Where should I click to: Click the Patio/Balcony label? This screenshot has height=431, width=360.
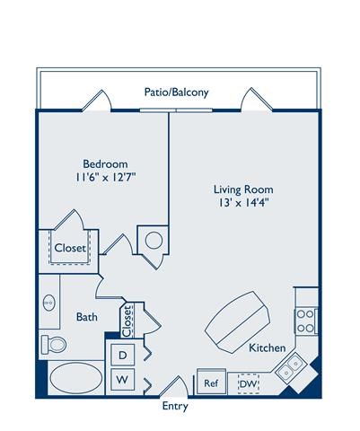tap(176, 92)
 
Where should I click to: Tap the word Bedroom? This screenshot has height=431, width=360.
tap(105, 163)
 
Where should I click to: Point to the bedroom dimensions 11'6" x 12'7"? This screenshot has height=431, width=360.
tap(105, 178)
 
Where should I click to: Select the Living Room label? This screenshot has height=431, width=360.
tap(242, 189)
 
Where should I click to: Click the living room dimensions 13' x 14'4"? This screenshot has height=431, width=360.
tap(242, 204)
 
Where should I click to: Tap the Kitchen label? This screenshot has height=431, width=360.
tap(268, 347)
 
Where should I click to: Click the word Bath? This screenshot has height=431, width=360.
tap(87, 317)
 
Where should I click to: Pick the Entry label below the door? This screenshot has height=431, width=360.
tap(174, 406)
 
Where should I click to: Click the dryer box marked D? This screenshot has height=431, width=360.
tap(121, 355)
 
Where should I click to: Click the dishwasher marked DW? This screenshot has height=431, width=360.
tap(248, 383)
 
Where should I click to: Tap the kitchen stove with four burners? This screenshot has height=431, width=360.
tap(306, 321)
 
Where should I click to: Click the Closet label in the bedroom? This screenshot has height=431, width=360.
tap(70, 247)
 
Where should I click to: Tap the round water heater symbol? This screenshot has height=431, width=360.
tap(153, 240)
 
